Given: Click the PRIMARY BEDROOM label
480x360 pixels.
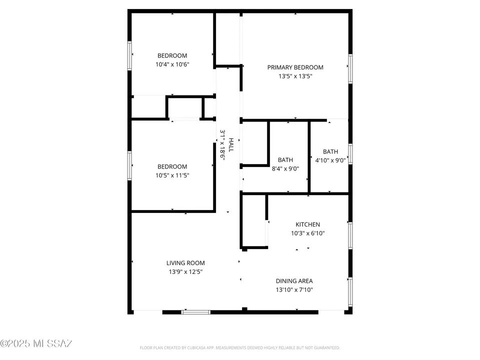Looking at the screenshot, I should [x=295, y=67].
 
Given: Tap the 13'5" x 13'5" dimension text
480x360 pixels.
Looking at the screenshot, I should [x=295, y=76].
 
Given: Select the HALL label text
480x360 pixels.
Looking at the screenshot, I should [x=231, y=145].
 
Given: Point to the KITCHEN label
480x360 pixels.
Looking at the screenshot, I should [x=307, y=224].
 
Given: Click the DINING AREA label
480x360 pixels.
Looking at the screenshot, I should [x=294, y=281].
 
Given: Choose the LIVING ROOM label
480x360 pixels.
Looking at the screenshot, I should [x=185, y=263].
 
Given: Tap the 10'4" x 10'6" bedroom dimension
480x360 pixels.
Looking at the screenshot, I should [x=172, y=64].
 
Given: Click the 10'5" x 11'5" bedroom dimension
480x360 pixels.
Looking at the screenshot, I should [x=172, y=175].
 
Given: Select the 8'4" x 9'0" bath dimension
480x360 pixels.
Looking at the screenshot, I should [x=285, y=168].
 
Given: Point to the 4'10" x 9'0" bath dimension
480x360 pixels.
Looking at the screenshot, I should [x=330, y=160].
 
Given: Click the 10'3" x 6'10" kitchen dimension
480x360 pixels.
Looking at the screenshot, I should [x=307, y=233].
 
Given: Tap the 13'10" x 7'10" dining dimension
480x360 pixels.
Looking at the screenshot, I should [x=294, y=289].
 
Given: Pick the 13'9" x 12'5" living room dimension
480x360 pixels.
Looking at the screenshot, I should [x=185, y=271].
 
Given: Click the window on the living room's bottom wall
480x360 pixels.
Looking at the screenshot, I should [x=196, y=312].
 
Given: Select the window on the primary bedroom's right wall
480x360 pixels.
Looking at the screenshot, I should [x=350, y=67].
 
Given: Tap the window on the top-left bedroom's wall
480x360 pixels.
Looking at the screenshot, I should [x=130, y=55].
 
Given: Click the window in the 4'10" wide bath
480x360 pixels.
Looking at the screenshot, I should [x=350, y=153].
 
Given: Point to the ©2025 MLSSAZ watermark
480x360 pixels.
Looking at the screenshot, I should [x=36, y=343].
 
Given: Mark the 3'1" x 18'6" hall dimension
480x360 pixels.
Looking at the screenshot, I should [x=222, y=144].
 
